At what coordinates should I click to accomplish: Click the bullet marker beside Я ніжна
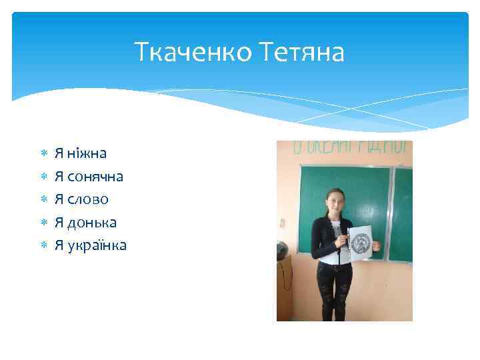[42, 154]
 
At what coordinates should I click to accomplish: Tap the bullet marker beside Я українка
[42, 246]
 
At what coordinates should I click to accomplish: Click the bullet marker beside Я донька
[42, 223]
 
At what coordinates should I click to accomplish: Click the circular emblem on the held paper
[361, 241]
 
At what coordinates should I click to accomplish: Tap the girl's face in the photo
[333, 199]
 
